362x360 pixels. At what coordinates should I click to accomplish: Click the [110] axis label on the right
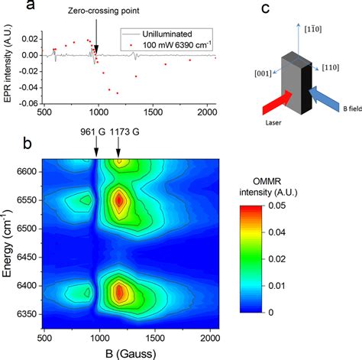point(335,67)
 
